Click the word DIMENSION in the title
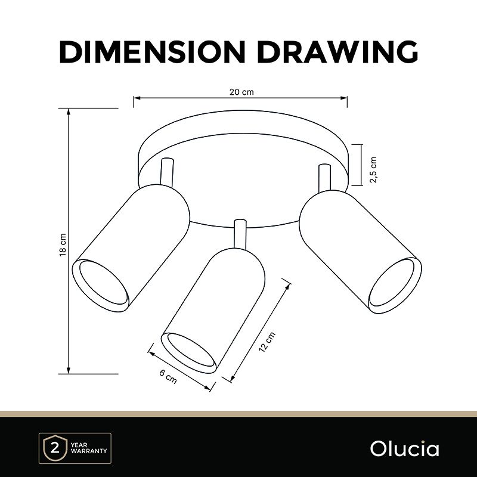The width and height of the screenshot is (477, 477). [x=152, y=52]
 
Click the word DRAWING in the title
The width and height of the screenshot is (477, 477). [x=337, y=52]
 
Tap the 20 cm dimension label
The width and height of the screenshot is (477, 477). [x=241, y=92]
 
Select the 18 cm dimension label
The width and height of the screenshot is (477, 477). [x=63, y=244]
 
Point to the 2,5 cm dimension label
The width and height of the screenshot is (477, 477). [x=373, y=170]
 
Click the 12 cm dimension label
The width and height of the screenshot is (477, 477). [x=267, y=342]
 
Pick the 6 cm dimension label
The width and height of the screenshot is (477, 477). [x=168, y=377]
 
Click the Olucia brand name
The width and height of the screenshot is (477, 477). [x=405, y=449]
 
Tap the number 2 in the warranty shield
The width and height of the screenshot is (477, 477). [x=55, y=448]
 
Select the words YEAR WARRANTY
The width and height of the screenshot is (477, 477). [x=88, y=448]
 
